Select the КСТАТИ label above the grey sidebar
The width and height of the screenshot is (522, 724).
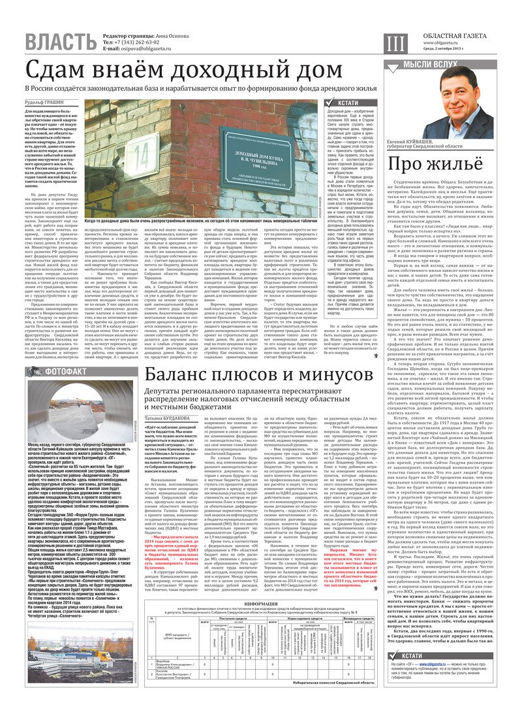tap(348, 103)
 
